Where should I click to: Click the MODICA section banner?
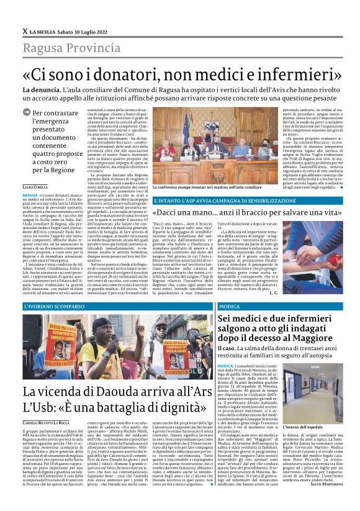click(230, 307)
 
